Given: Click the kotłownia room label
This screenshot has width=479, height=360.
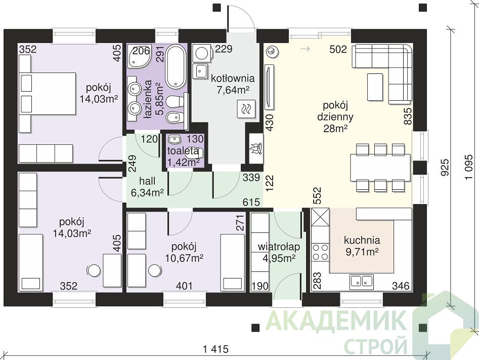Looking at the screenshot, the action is [x=233, y=78].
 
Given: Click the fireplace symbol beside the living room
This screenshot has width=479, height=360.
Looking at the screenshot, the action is [x=256, y=148].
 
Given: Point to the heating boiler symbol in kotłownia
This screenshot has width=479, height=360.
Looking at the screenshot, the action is [x=246, y=109].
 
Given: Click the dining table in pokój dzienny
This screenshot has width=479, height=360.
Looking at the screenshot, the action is [x=380, y=167].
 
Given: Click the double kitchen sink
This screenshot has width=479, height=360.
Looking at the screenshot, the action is [x=362, y=282].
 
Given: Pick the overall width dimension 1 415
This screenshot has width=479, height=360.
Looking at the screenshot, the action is [x=215, y=349].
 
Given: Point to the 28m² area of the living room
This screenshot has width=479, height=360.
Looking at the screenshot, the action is [x=335, y=129].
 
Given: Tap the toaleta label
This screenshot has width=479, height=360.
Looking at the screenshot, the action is [x=183, y=151].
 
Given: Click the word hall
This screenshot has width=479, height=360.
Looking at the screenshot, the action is [x=147, y=181].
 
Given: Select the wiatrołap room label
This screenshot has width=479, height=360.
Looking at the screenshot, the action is [x=279, y=247].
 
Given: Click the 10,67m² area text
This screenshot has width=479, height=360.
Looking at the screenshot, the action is [x=185, y=258].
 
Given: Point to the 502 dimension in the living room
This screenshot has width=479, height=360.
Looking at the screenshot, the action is [x=338, y=49].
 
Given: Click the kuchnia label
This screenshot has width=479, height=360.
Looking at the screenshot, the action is [x=362, y=240].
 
